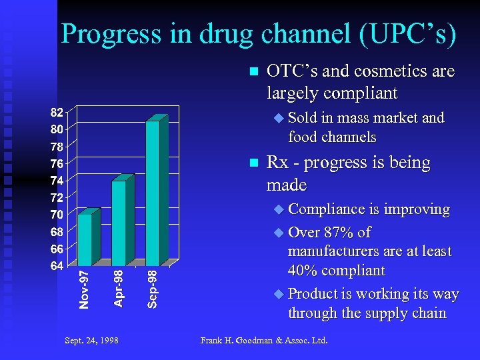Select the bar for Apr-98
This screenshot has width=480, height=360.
tap(119, 223)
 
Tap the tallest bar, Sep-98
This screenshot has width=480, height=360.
tap(153, 193)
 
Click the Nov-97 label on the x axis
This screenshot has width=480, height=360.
tap(84, 289)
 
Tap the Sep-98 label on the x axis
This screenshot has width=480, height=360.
tap(152, 289)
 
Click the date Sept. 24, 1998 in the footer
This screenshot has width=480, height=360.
tap(92, 340)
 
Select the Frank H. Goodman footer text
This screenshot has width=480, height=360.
tap(264, 340)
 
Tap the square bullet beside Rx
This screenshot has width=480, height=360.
tap(252, 163)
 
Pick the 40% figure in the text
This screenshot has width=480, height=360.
tap(304, 271)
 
